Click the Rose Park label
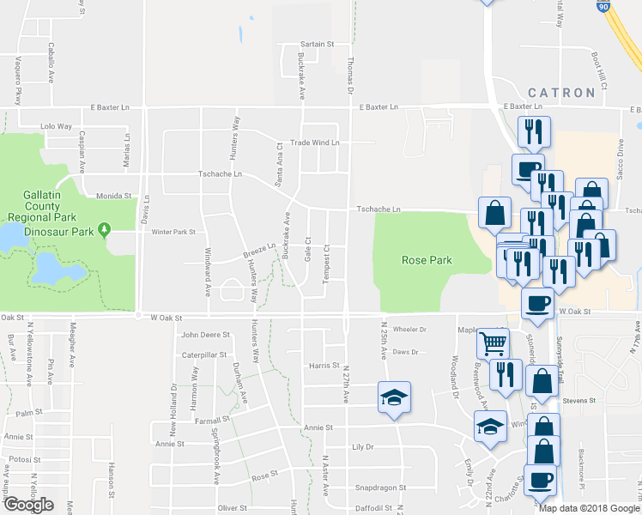427,259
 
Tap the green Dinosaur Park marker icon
104,229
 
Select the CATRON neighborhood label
561,93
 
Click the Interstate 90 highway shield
604,6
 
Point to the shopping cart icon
493,344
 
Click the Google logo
27,505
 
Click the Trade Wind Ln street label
315,142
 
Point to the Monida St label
112,196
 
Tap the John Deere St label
205,335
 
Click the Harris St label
324,365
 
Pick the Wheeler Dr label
409,329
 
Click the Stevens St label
578,400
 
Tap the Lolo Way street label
56,126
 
